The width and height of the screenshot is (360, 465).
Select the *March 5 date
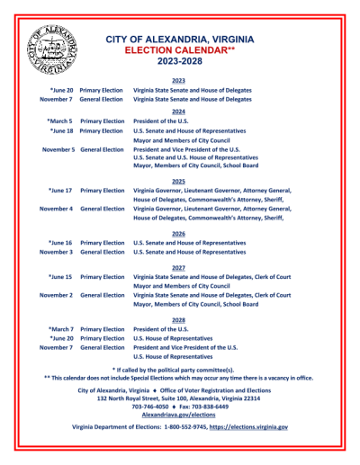click(59, 121)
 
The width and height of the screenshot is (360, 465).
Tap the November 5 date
click(57, 149)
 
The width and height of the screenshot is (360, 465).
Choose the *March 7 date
click(59, 329)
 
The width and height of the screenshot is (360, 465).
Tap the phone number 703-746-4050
click(150, 406)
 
